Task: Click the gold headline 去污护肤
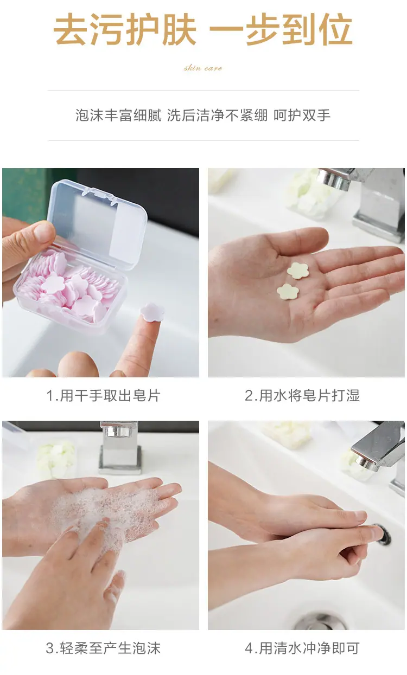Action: point(125,29)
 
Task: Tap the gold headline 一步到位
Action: point(281,29)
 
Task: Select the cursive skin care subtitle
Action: point(203,68)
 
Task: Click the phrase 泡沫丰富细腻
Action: point(118,115)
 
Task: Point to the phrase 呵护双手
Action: point(302,115)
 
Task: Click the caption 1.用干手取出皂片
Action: point(103,395)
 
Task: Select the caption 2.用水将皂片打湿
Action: point(302,395)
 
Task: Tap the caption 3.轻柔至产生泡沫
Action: point(103,648)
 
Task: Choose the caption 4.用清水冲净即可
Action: point(302,648)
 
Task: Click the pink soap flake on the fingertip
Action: point(152,312)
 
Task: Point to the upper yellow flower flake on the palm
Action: point(298,271)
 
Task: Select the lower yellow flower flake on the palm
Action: point(288,292)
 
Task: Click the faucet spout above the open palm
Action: point(335,179)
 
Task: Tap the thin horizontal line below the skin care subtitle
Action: point(203,90)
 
